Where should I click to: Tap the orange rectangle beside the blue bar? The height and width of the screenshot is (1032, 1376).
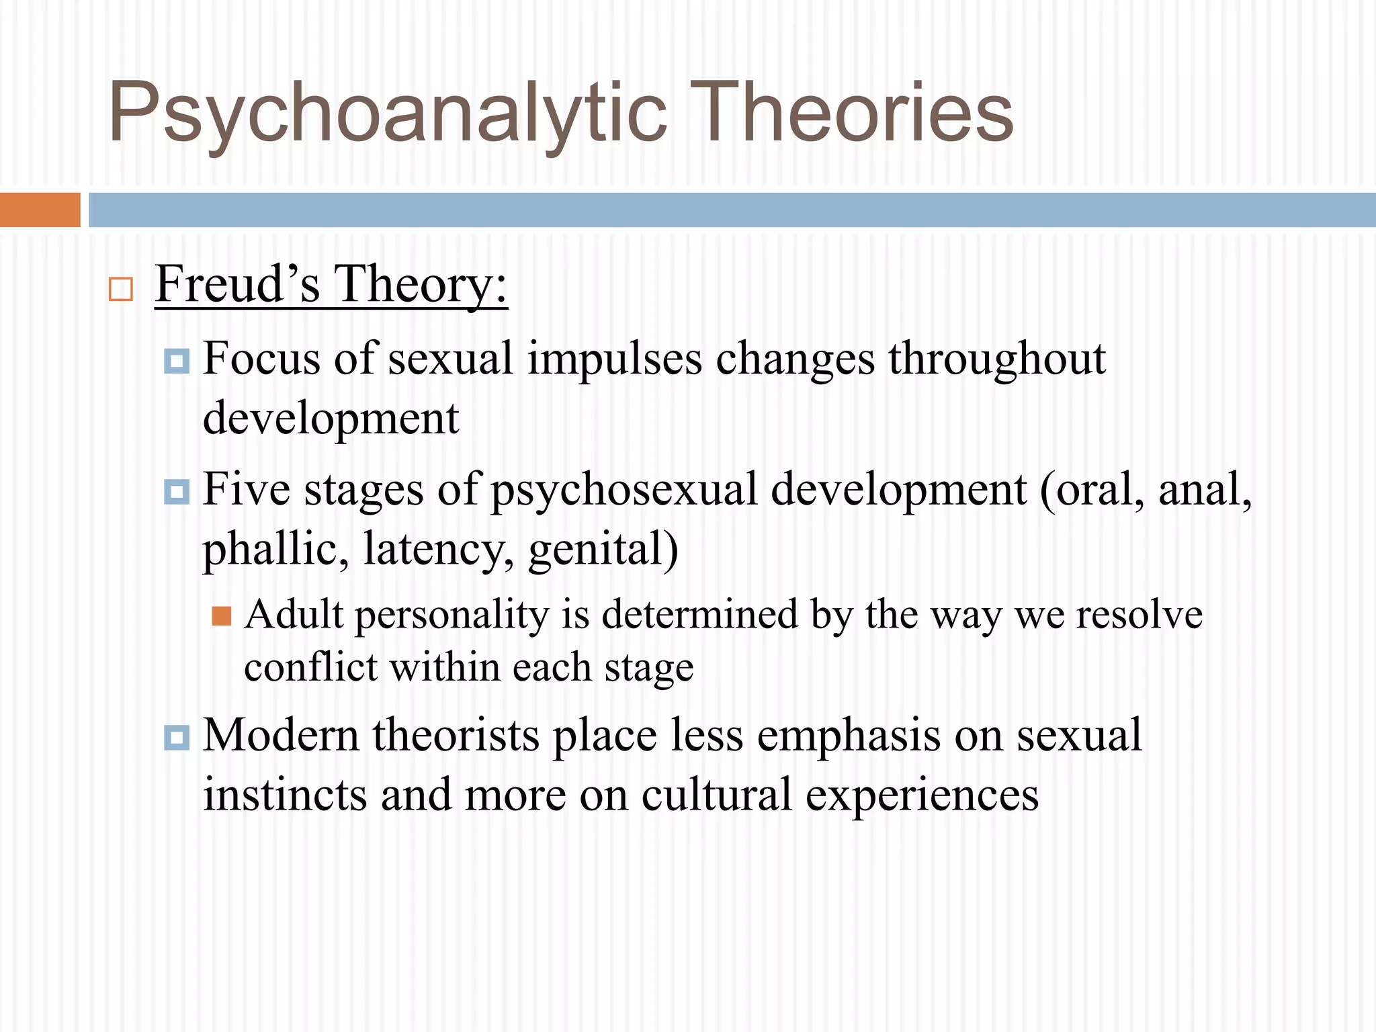click(40, 210)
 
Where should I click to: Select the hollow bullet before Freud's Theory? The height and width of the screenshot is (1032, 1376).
click(121, 290)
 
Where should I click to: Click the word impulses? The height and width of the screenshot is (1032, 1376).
click(614, 359)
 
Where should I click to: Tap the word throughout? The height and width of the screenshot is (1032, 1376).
click(997, 359)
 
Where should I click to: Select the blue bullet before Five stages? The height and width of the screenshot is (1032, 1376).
click(177, 492)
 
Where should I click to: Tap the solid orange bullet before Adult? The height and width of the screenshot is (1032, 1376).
click(221, 616)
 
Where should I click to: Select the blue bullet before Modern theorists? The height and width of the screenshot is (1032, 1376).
click(177, 738)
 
